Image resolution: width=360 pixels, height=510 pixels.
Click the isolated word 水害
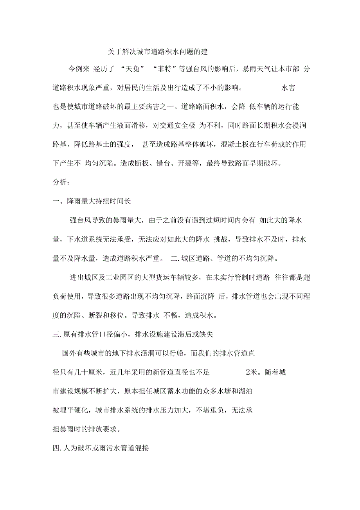pos(288,88)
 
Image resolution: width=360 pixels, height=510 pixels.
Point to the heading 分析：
pos(62,183)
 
